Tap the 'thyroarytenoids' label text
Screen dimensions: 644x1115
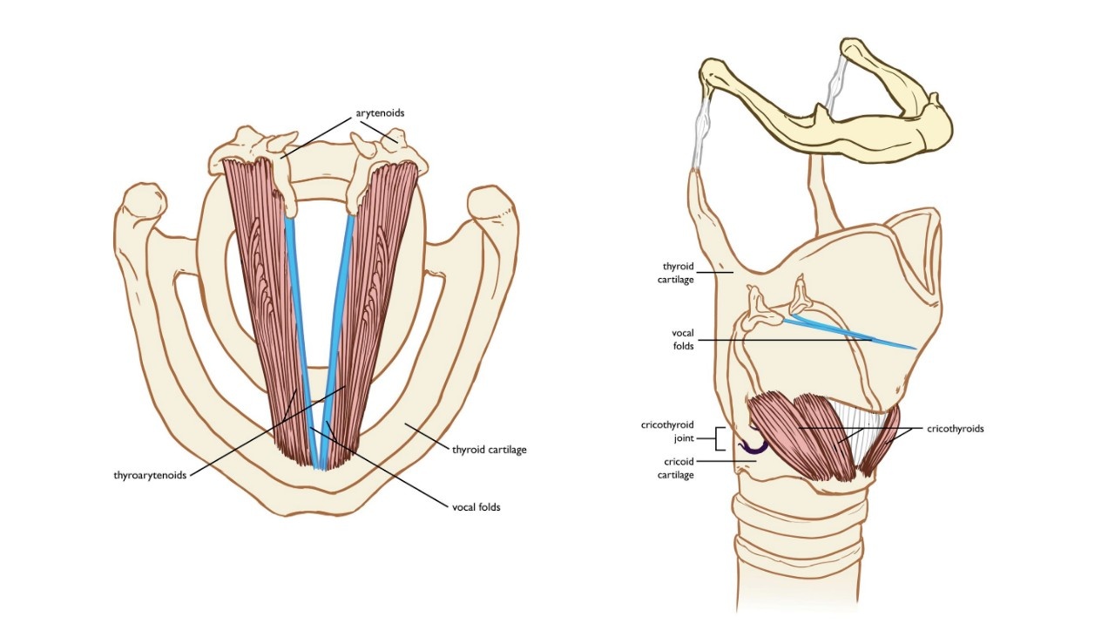[150, 476]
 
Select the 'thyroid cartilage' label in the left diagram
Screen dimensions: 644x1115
[490, 450]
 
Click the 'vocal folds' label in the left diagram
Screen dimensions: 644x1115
[476, 507]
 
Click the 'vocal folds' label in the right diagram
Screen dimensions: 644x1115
[682, 339]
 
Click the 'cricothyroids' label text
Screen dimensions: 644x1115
[956, 429]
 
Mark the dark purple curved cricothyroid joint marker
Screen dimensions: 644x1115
[754, 448]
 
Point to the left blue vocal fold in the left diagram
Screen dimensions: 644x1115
[301, 331]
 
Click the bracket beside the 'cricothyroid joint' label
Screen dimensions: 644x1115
[719, 438]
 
